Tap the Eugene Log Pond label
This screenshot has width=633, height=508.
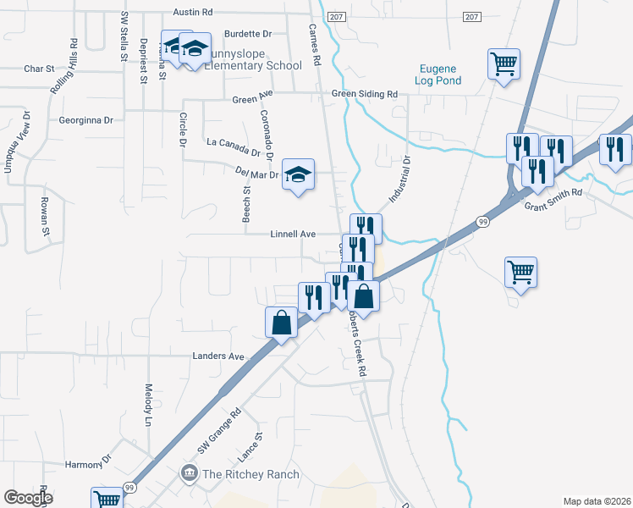click(438, 75)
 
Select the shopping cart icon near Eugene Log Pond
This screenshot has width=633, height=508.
click(504, 63)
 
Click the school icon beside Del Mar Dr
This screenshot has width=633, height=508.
click(297, 174)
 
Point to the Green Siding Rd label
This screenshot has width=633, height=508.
click(365, 94)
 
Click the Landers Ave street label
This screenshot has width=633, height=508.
click(218, 356)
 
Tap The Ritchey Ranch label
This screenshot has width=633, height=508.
click(250, 474)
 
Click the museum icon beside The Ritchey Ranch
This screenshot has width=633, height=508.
click(190, 472)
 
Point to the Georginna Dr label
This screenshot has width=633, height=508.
click(85, 120)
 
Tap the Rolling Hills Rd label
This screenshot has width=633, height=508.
click(64, 66)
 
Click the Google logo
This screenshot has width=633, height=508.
click(28, 498)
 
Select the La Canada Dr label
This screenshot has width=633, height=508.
click(234, 147)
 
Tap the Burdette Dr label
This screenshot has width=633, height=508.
click(248, 35)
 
